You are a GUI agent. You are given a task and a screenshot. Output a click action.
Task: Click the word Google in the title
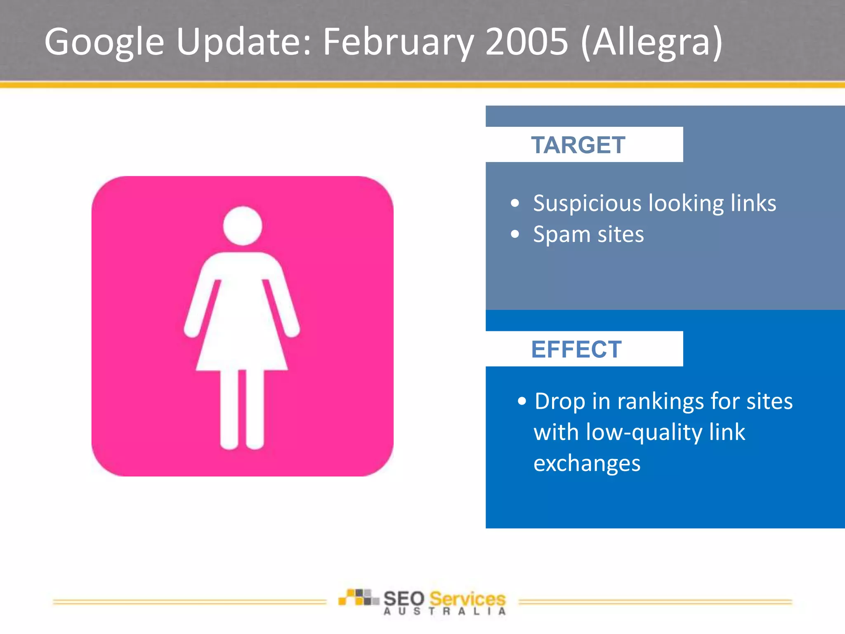pos(104,42)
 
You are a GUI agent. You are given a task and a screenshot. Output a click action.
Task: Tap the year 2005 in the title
pos(526,41)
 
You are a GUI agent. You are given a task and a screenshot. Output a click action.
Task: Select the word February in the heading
pos(398,42)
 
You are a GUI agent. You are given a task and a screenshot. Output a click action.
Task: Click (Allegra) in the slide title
pos(651,42)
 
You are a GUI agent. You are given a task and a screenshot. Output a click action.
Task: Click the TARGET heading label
pos(578,145)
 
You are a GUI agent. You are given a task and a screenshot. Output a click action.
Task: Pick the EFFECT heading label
pos(576,350)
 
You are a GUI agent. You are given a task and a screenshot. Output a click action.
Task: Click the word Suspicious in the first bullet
pos(587,203)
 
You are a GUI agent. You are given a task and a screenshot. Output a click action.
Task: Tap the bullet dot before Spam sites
pos(515,234)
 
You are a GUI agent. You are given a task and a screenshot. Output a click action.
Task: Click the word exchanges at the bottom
pos(587,464)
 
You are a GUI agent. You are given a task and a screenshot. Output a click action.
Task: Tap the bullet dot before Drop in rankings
pos(522,401)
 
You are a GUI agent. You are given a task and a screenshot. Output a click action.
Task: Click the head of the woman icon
pos(243,226)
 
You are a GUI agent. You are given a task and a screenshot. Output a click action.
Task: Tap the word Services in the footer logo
pos(467,599)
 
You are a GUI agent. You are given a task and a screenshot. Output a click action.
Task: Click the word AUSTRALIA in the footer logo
pos(444,611)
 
